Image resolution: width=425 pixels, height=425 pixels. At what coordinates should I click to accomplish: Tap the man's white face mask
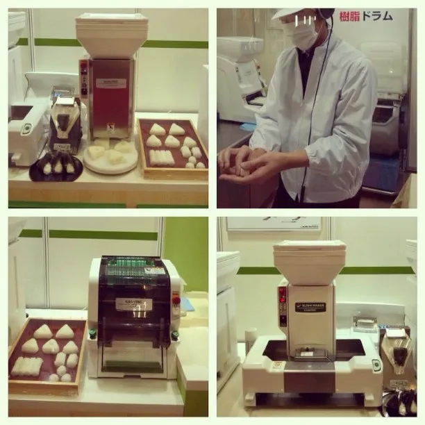(303, 35)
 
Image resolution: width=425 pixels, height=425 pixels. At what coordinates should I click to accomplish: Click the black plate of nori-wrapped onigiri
(56, 167)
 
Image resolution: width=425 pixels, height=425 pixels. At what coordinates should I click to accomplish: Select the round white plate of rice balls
(110, 158)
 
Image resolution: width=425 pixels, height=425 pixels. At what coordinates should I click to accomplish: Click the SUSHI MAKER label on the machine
(313, 305)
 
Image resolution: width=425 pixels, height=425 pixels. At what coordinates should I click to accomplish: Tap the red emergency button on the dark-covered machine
(176, 300)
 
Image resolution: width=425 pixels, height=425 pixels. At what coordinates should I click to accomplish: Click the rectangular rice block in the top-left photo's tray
(161, 157)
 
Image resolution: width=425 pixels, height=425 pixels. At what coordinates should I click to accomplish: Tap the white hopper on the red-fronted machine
(111, 35)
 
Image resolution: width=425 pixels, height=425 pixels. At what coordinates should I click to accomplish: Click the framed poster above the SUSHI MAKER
(274, 224)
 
